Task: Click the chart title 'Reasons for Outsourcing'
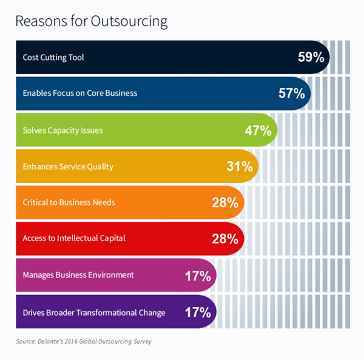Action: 91,22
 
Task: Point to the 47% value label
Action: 258,130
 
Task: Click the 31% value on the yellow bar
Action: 238,166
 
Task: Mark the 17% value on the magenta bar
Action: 197,276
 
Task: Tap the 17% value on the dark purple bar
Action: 197,312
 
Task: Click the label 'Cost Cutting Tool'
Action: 53,58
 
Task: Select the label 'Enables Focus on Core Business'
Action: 80,93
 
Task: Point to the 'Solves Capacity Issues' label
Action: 62,130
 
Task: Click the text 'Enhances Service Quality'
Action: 67,166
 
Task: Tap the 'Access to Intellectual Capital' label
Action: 73,239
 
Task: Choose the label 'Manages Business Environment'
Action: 78,275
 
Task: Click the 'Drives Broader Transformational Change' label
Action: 93,313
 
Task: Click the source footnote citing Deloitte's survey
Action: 83,342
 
